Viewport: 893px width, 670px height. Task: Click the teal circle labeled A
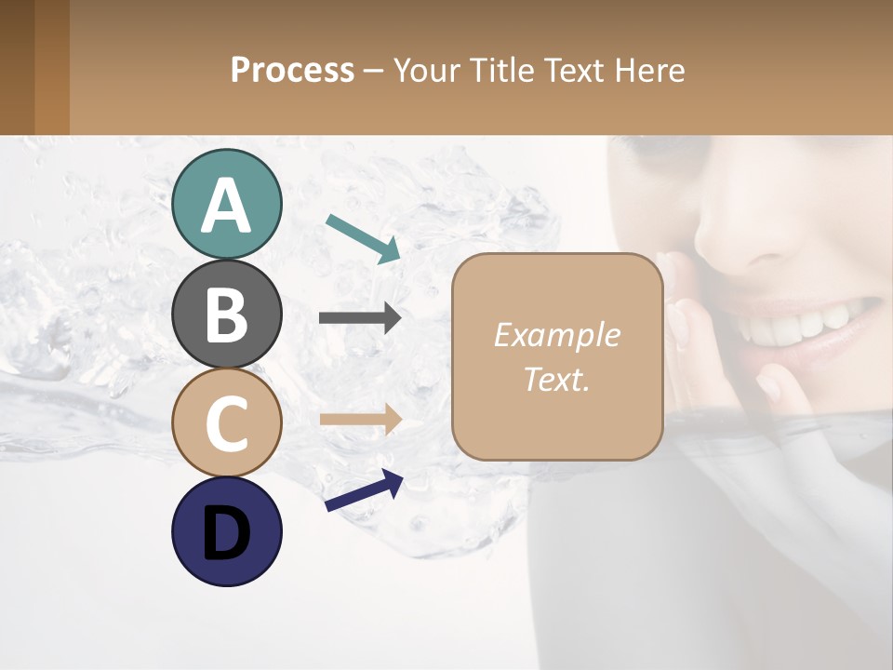tap(226, 204)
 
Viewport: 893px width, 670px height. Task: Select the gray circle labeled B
tap(226, 314)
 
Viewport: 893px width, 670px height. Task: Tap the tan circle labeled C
tap(226, 422)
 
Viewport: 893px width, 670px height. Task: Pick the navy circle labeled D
tap(226, 531)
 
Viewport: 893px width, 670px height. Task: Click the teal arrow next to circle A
tap(363, 237)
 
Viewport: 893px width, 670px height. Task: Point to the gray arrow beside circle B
tap(360, 318)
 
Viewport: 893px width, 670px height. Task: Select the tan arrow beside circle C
tap(360, 420)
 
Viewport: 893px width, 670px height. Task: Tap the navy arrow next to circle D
tap(364, 490)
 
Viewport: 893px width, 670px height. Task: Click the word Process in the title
tap(292, 70)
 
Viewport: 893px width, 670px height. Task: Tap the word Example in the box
tap(556, 335)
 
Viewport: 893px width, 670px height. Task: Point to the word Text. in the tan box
tap(556, 379)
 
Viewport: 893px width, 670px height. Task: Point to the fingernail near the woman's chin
tap(769, 384)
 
